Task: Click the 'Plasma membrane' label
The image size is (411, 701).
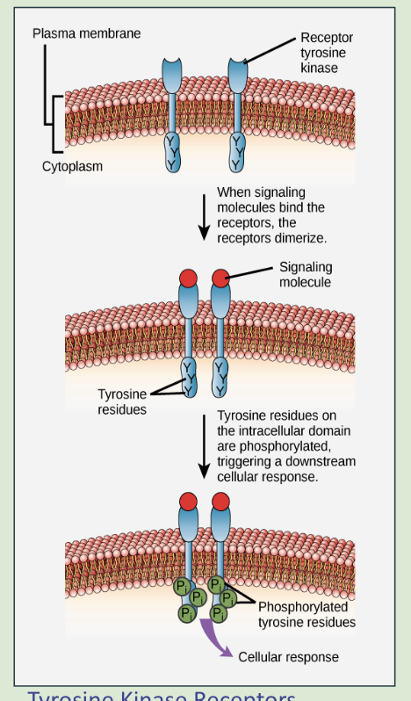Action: pyautogui.click(x=86, y=33)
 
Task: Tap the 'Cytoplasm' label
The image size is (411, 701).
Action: pyautogui.click(x=72, y=166)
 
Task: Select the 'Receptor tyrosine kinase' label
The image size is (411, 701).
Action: pyautogui.click(x=326, y=53)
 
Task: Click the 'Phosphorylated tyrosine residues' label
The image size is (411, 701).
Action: pyautogui.click(x=306, y=614)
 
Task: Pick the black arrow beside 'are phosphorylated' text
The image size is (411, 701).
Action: pyautogui.click(x=204, y=446)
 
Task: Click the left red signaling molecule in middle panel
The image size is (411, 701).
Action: pyautogui.click(x=188, y=278)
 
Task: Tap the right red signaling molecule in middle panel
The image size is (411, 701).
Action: pyautogui.click(x=220, y=278)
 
